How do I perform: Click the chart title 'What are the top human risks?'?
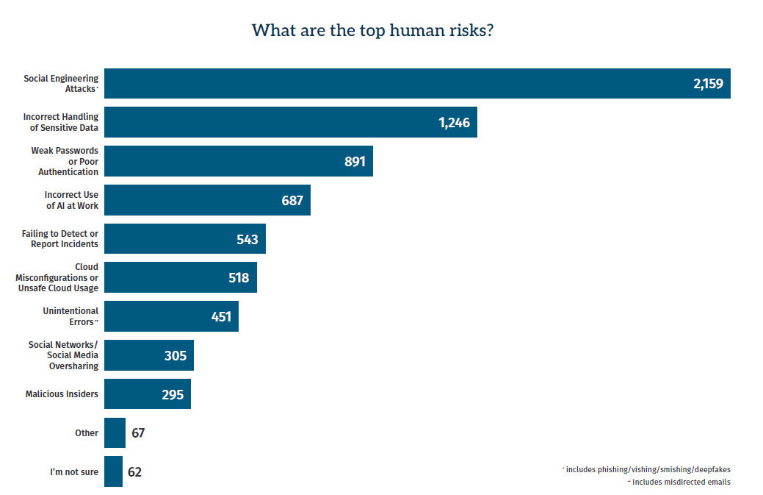373,30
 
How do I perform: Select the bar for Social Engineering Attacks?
417,83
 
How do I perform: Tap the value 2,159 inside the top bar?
708,84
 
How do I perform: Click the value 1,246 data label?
454,123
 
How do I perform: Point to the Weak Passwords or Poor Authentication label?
65,161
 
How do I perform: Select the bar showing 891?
239,161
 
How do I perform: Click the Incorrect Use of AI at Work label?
71,200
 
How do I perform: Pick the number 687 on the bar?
292,200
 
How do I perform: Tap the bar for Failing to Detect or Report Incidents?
185,238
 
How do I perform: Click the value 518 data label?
239,278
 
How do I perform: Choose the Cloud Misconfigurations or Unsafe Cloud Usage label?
57,277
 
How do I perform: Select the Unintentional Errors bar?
171,316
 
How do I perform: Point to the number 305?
176,356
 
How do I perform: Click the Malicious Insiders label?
62,393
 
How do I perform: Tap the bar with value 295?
148,393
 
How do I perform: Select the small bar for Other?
115,432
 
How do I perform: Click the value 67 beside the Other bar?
138,432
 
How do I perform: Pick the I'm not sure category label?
74,471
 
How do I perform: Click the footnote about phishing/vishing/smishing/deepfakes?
646,470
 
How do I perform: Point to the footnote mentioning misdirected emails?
679,482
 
